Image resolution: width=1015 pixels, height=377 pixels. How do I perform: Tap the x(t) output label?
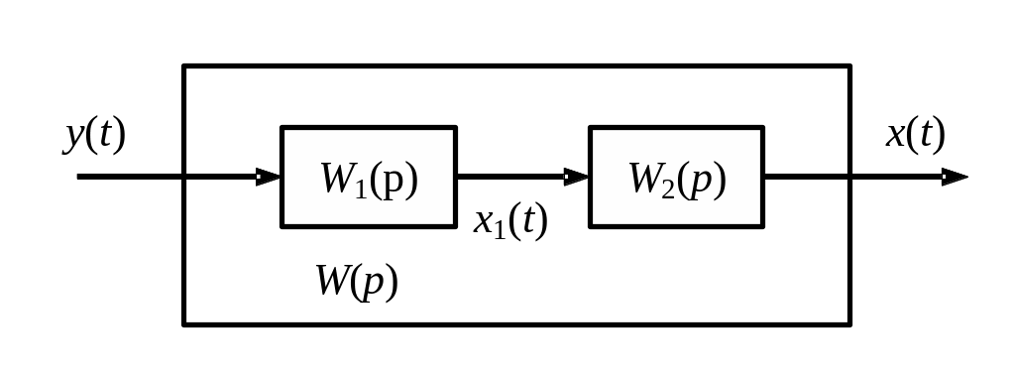[915, 134]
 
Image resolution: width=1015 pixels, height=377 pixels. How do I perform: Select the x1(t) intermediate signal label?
[510, 221]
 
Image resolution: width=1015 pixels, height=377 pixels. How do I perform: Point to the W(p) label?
[357, 282]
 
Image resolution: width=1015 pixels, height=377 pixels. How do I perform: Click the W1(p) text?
[370, 180]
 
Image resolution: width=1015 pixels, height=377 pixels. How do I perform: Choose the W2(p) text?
[678, 180]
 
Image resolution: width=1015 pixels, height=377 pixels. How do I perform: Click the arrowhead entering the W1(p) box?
[269, 177]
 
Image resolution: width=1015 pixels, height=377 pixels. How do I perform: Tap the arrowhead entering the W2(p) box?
[577, 177]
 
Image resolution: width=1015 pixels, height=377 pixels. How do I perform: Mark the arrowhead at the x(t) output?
[955, 177]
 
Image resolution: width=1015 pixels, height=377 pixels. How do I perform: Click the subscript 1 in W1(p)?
[361, 188]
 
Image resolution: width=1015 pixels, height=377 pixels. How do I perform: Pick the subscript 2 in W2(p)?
[669, 188]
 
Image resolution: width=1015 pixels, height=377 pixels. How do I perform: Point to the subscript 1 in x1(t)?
[500, 230]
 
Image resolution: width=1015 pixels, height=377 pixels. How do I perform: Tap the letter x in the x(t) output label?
[895, 136]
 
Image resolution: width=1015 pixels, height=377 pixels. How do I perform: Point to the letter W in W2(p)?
[645, 179]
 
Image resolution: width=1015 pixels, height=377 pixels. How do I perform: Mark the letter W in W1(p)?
[338, 179]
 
